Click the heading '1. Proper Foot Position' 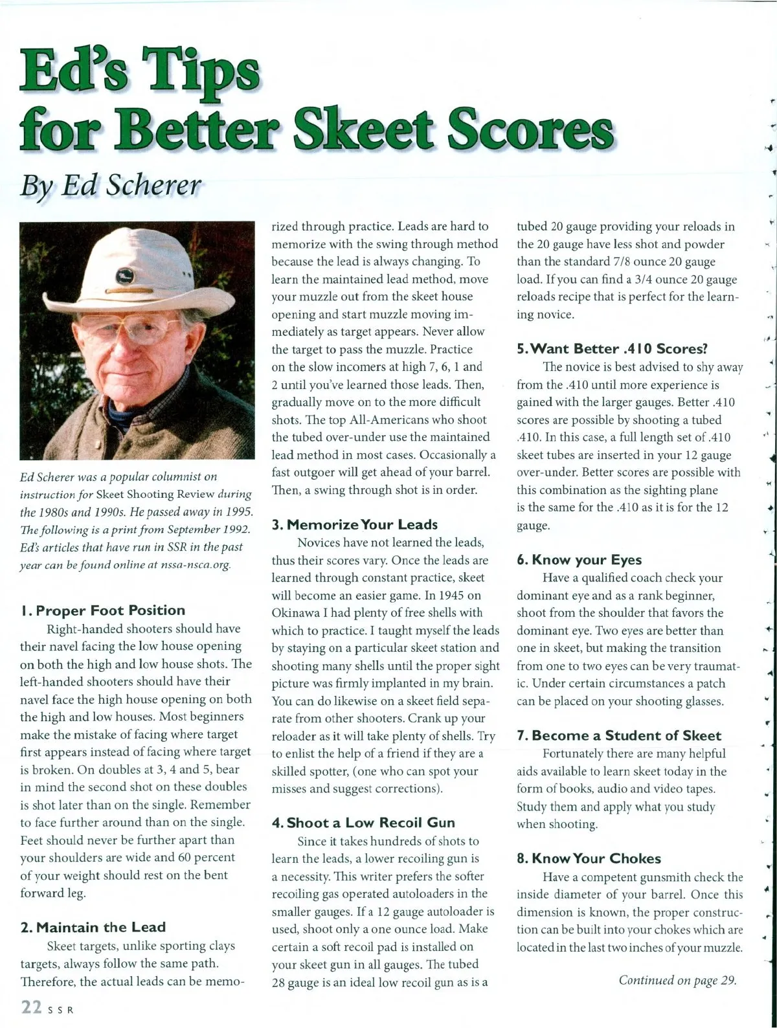(x=102, y=610)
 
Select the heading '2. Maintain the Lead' (x=93, y=927)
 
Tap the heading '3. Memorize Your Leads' (x=355, y=524)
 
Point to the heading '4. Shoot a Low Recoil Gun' (x=363, y=823)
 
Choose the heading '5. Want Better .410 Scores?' (x=612, y=349)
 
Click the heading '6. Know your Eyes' (x=579, y=560)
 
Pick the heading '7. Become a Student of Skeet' (x=618, y=735)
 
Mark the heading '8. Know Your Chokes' (x=589, y=858)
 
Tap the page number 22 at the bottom (x=32, y=1007)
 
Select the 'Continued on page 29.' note (x=677, y=979)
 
